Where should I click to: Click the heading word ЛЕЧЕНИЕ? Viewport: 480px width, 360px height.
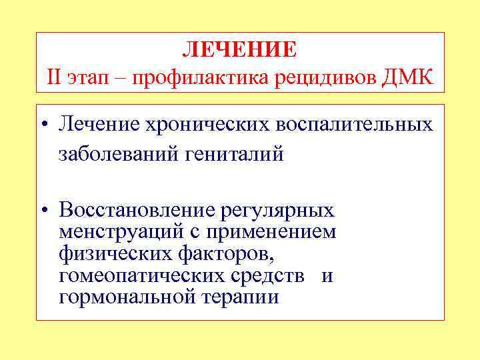click(x=240, y=49)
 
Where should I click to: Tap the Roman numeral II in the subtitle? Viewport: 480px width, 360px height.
click(x=55, y=77)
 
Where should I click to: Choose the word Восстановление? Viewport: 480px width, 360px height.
click(x=133, y=211)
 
